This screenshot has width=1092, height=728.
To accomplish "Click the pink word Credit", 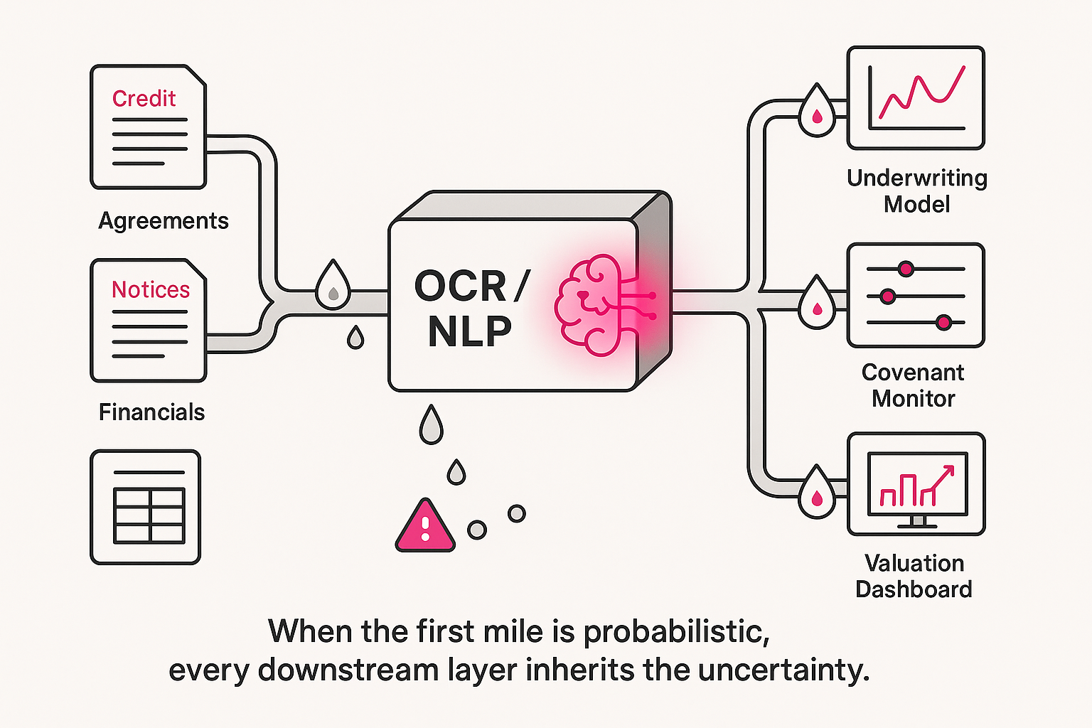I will (144, 98).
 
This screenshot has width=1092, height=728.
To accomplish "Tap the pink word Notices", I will (151, 289).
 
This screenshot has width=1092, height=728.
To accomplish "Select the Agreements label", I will (164, 220).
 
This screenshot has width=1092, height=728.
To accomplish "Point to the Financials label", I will (151, 412).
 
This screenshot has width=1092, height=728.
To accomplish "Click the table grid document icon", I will (146, 507).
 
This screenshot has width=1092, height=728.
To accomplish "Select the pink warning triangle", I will (425, 527).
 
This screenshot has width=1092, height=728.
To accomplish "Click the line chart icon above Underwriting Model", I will (916, 98).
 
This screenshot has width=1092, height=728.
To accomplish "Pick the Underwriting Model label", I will (917, 191).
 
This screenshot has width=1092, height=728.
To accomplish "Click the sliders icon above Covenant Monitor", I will (916, 295).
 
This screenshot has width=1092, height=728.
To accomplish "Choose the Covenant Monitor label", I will (914, 385).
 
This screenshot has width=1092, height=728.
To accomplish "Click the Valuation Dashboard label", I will (914, 576).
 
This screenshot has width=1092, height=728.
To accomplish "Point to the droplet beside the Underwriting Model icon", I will (817, 112).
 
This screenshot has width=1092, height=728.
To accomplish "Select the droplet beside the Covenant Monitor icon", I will (817, 304).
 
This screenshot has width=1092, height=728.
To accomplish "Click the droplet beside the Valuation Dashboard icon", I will (817, 494).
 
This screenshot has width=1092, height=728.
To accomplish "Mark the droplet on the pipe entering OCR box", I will (333, 286).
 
